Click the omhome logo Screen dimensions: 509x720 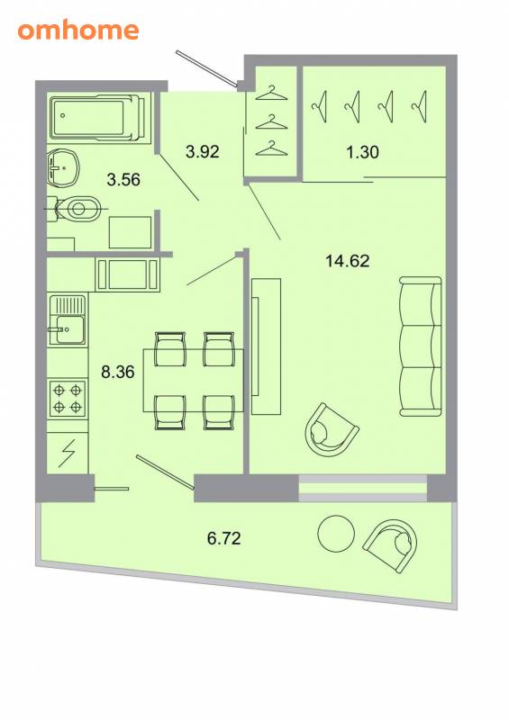click(78, 31)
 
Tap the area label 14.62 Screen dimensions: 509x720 click(347, 261)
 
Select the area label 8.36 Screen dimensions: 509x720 click(118, 372)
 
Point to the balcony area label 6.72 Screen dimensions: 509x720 click(224, 537)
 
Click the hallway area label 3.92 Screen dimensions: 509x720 click(203, 151)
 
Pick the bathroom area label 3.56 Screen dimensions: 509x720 click(123, 179)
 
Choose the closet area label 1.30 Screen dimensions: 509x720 click(362, 151)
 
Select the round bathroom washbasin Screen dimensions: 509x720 click(63, 167)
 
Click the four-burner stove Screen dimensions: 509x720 click(68, 398)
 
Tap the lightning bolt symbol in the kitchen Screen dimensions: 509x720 click(68, 454)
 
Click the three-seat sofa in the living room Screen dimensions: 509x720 click(421, 346)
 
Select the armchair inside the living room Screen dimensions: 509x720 click(332, 430)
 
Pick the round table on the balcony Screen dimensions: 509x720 click(336, 534)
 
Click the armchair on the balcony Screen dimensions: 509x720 click(391, 545)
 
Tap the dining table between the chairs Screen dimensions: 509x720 click(193, 381)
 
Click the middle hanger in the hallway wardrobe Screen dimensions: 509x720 click(271, 122)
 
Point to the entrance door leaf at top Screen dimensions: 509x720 click(206, 68)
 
